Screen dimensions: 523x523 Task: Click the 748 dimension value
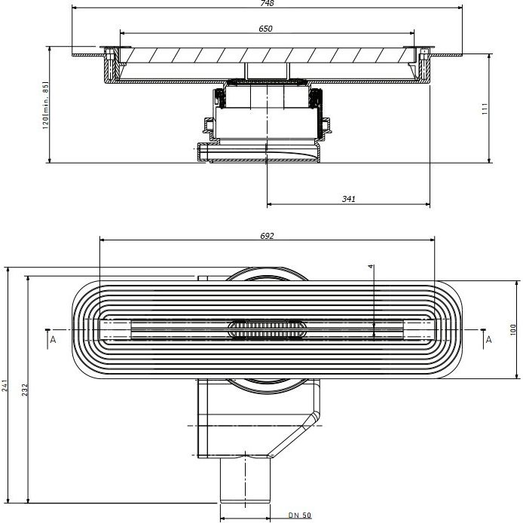pos(267,3)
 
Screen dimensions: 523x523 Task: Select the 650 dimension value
pos(265,29)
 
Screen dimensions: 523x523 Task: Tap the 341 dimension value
pos(349,199)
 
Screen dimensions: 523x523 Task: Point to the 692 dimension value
pos(267,236)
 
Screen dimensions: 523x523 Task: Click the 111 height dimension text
pos(485,109)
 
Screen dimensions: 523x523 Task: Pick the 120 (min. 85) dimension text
pos(46,106)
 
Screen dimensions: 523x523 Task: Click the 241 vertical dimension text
pos(5,385)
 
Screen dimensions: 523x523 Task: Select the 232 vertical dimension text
pos(25,390)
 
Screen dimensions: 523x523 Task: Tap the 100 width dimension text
pos(513,329)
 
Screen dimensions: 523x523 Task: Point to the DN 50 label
pos(299,515)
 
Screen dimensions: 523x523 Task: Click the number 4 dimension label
pos(371,266)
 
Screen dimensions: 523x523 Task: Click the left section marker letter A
pos(53,340)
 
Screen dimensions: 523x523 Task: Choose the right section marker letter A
pos(488,340)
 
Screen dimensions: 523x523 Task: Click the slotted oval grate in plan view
pos(267,329)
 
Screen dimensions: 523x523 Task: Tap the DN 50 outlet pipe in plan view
pos(245,479)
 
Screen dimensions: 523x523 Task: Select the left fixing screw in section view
pos(110,64)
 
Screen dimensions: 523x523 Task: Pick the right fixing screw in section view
pos(424,64)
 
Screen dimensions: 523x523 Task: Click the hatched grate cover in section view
pos(267,55)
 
